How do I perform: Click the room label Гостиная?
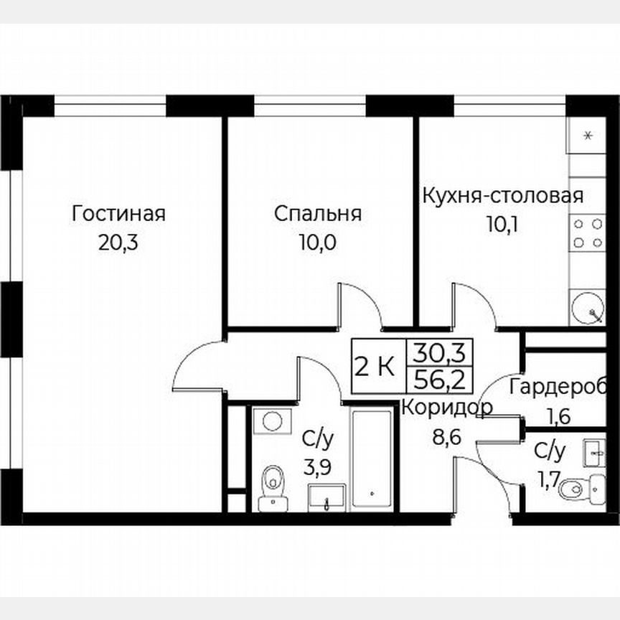click(x=118, y=214)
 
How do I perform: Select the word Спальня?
click(x=317, y=214)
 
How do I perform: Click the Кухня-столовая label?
click(x=502, y=195)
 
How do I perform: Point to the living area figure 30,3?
click(x=436, y=352)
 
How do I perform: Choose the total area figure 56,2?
click(x=436, y=379)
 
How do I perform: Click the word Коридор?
click(x=447, y=408)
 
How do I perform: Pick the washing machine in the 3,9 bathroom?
click(x=272, y=421)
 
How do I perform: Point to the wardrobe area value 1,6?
click(x=558, y=415)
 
